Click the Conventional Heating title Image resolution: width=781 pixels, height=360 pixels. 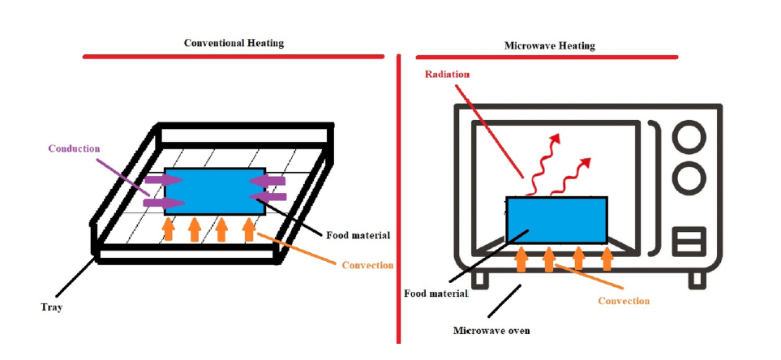(x=234, y=43)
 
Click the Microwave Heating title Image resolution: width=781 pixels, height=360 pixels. (x=549, y=46)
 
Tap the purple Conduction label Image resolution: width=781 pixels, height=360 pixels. (x=73, y=148)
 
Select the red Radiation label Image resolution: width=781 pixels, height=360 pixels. (x=448, y=75)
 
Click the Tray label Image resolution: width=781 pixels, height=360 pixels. (x=52, y=307)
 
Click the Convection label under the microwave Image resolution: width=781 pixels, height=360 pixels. (x=624, y=301)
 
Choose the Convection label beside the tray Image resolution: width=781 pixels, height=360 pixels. (x=367, y=265)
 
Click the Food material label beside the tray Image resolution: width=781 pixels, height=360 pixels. (x=358, y=236)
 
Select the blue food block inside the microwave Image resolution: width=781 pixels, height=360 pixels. (x=556, y=220)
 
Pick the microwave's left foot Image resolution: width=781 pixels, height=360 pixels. (x=482, y=278)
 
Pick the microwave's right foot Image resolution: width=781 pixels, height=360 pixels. (x=697, y=278)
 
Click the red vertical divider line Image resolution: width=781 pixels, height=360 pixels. (x=398, y=203)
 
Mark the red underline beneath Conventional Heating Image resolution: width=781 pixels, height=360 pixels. (x=234, y=56)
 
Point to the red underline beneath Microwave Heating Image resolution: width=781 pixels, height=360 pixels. (x=546, y=57)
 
